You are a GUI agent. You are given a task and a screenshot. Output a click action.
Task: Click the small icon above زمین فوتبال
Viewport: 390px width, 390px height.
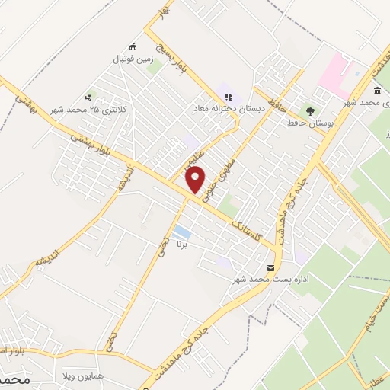[x=133, y=46]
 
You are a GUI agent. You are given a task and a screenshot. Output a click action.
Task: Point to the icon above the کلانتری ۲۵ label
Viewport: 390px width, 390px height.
[x=89, y=97]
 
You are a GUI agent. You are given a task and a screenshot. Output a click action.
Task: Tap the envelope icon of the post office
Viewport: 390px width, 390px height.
[x=271, y=267]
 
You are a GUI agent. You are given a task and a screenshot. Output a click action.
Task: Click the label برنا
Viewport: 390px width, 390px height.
[x=182, y=245]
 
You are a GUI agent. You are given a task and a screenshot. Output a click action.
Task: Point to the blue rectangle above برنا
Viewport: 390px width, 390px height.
[x=182, y=232]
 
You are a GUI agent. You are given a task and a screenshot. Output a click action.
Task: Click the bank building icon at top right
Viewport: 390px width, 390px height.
[x=378, y=90]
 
